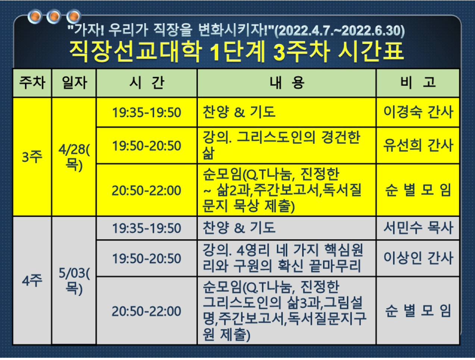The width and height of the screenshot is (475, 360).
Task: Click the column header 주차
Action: tap(32, 82)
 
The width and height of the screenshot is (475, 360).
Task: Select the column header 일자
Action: tap(74, 82)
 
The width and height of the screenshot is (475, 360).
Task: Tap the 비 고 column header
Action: tap(418, 82)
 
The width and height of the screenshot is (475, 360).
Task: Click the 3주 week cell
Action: tap(32, 157)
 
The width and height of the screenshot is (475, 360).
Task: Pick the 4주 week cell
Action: tap(32, 281)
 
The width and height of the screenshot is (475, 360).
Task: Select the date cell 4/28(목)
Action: tap(74, 157)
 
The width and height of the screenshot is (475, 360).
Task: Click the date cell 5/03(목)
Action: tap(74, 281)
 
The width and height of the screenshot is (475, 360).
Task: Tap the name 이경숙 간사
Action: tap(418, 112)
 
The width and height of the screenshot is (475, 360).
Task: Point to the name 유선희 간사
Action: tap(418, 145)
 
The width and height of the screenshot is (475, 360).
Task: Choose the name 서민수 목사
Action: tap(418, 228)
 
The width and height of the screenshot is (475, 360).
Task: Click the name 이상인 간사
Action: tap(418, 258)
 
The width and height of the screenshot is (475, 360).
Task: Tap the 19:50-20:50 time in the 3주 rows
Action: tap(147, 145)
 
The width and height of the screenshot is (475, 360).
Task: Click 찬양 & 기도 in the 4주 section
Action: tap(239, 228)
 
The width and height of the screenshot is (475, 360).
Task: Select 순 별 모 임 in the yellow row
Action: tap(418, 190)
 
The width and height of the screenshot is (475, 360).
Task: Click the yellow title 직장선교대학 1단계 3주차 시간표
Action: tap(237, 52)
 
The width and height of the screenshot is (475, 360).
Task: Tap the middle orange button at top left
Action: tap(54, 16)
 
